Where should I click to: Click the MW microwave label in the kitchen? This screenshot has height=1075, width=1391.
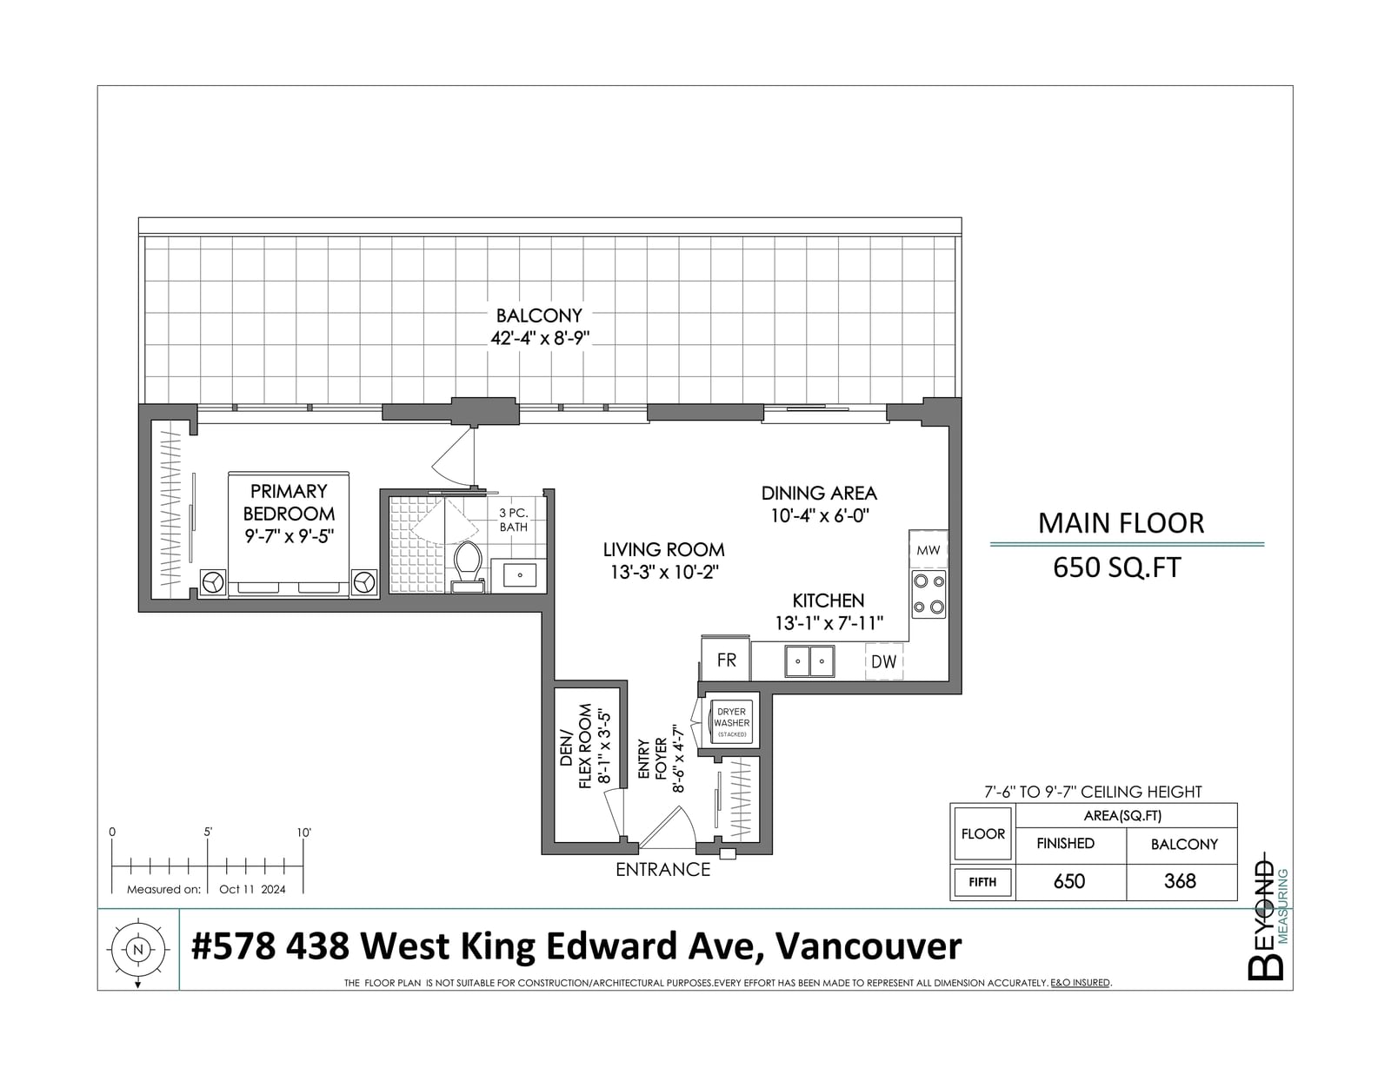pyautogui.click(x=928, y=549)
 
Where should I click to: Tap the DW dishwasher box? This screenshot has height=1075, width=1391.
pyautogui.click(x=884, y=661)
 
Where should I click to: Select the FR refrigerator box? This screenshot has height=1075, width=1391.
pyautogui.click(x=726, y=659)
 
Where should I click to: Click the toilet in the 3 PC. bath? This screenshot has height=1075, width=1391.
pyautogui.click(x=468, y=567)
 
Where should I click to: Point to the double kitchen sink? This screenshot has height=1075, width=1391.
pyautogui.click(x=809, y=661)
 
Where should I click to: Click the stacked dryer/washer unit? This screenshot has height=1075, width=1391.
pyautogui.click(x=732, y=722)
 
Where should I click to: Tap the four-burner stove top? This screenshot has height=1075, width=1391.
pyautogui.click(x=928, y=594)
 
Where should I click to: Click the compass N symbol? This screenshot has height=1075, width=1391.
pyautogui.click(x=137, y=950)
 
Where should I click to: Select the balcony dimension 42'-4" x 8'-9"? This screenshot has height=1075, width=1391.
pyautogui.click(x=540, y=338)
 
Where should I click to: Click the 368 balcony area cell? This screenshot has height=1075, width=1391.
pyautogui.click(x=1180, y=881)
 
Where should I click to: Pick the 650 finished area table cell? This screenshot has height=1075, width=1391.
pyautogui.click(x=1069, y=881)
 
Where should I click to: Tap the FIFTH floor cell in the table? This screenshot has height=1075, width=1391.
pyautogui.click(x=982, y=882)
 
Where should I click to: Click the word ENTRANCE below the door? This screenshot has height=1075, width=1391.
pyautogui.click(x=663, y=870)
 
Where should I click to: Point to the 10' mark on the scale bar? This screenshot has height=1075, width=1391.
pyautogui.click(x=303, y=833)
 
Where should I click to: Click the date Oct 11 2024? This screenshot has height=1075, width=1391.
pyautogui.click(x=252, y=889)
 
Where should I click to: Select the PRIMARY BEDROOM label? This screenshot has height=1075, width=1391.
pyautogui.click(x=289, y=502)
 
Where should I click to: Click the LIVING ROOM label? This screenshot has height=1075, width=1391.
pyautogui.click(x=664, y=549)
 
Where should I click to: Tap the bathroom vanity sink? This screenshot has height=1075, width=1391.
pyautogui.click(x=519, y=575)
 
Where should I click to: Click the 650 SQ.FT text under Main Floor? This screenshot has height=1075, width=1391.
pyautogui.click(x=1117, y=567)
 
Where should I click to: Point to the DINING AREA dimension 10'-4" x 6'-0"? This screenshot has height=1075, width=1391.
pyautogui.click(x=819, y=515)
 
